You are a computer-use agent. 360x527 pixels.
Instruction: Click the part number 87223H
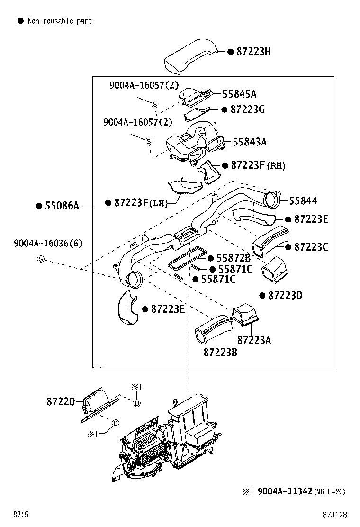click(x=253, y=52)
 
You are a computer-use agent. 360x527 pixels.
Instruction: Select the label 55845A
click(x=239, y=94)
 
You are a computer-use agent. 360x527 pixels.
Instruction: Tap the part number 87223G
click(x=247, y=110)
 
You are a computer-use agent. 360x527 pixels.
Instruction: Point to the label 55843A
click(x=250, y=142)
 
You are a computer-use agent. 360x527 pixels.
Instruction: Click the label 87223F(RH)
click(x=258, y=165)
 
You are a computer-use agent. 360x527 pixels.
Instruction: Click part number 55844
click(x=303, y=201)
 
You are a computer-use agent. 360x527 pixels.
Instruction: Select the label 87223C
click(x=311, y=247)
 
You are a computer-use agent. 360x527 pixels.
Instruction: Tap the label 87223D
click(x=285, y=295)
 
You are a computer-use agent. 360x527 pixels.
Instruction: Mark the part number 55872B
click(x=234, y=258)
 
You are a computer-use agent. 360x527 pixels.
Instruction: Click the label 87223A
click(x=254, y=340)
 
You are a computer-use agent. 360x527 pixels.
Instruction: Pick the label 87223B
click(x=220, y=353)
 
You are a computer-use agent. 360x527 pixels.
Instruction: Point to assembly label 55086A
click(x=62, y=206)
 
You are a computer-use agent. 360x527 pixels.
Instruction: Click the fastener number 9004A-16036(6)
click(x=48, y=244)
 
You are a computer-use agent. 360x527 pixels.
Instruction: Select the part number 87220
click(x=61, y=402)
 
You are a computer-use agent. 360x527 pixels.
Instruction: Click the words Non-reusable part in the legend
click(x=60, y=21)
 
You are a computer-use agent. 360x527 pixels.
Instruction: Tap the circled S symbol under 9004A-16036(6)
click(x=41, y=259)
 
